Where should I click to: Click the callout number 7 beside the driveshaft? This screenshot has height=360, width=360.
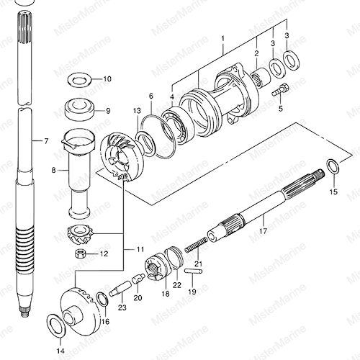[46, 141]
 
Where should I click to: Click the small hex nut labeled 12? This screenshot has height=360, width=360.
[79, 253]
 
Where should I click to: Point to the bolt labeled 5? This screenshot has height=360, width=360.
[280, 90]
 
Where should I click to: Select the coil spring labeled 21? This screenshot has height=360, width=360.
[197, 245]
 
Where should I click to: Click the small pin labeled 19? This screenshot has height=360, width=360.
[194, 271]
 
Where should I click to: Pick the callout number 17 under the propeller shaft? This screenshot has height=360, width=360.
[263, 231]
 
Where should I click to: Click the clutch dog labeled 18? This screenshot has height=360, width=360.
[156, 267]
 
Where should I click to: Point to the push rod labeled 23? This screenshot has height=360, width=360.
[120, 289]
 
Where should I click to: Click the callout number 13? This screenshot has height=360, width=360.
[138, 111]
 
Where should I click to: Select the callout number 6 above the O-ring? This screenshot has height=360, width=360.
[151, 96]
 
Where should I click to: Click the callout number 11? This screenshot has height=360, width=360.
[140, 249]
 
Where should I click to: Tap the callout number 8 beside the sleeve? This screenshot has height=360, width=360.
[53, 170]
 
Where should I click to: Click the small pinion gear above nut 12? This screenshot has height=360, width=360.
[80, 235]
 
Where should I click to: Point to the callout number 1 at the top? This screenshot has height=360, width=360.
[223, 39]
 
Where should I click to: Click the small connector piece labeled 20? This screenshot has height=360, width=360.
[138, 279]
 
